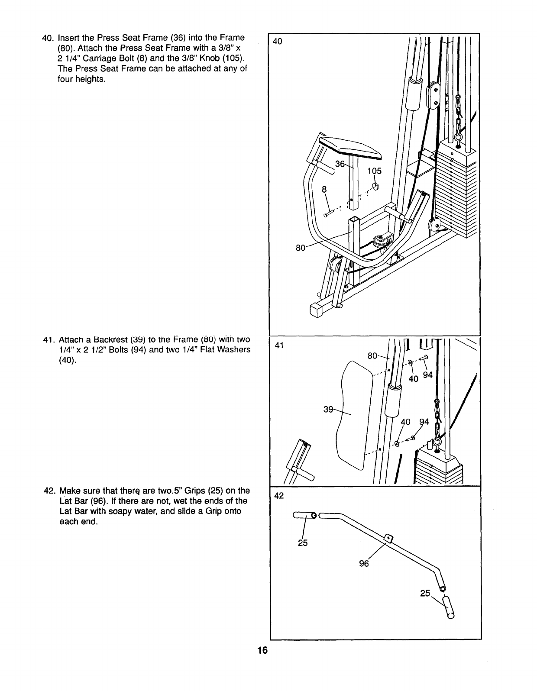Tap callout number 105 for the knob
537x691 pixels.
point(374,171)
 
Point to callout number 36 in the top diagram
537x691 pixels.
point(340,164)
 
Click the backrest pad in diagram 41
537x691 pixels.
point(356,416)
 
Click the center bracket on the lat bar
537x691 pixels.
point(388,539)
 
